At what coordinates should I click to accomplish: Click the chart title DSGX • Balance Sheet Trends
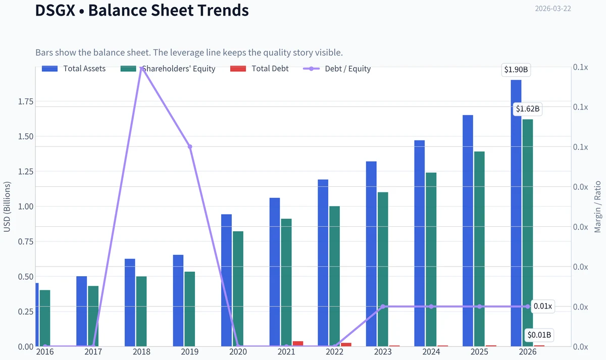coord(142,10)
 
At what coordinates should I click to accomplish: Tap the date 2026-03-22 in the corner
coord(552,9)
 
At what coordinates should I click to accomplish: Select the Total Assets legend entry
coord(74,69)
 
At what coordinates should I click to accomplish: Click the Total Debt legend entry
coord(259,69)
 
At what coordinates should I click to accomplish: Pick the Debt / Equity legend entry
coord(337,69)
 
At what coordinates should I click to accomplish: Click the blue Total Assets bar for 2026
coord(516,213)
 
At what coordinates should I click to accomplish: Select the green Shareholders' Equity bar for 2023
coord(383,270)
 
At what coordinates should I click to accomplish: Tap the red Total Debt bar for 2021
coord(298,343)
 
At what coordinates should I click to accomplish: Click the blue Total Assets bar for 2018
coord(130,302)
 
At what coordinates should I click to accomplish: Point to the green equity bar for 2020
coord(238,289)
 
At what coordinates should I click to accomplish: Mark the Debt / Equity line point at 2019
coord(190,146)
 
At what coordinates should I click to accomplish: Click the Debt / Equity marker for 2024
coord(431,306)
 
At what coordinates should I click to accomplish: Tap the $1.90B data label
coord(516,70)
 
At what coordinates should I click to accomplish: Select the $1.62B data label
coord(528,109)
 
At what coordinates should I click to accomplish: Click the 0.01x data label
coord(543,306)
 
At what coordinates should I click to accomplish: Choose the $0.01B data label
coord(539,335)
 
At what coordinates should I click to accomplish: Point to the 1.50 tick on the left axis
coord(26,137)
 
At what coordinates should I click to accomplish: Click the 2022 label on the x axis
coord(334,352)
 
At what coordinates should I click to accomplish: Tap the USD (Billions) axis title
coord(7,207)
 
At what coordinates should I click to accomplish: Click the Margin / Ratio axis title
coord(597,207)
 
